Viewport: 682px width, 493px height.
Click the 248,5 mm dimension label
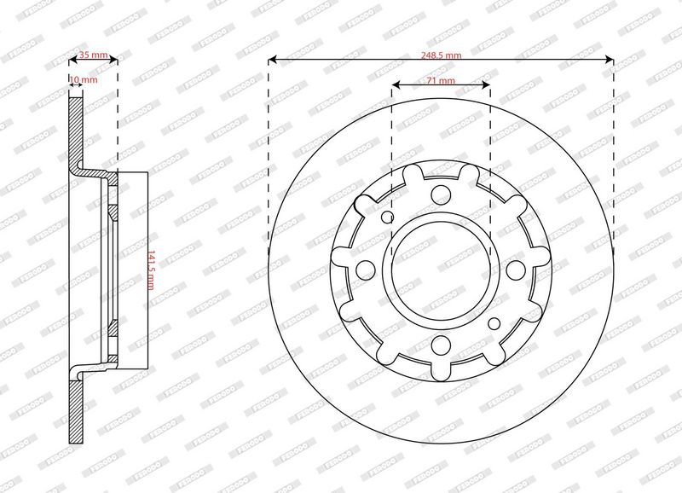coord(441,55)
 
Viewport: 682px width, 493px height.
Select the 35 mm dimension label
coord(93,55)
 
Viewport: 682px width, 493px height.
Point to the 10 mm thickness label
coord(84,79)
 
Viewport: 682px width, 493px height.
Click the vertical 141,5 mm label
coord(152,270)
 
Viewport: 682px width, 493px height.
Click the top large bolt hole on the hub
coord(441,194)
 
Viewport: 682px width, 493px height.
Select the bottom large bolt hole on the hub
coord(441,345)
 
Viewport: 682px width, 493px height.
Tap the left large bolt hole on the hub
coord(366,270)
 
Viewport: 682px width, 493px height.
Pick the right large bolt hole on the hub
coord(516,270)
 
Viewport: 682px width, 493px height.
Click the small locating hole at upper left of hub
coord(387,217)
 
